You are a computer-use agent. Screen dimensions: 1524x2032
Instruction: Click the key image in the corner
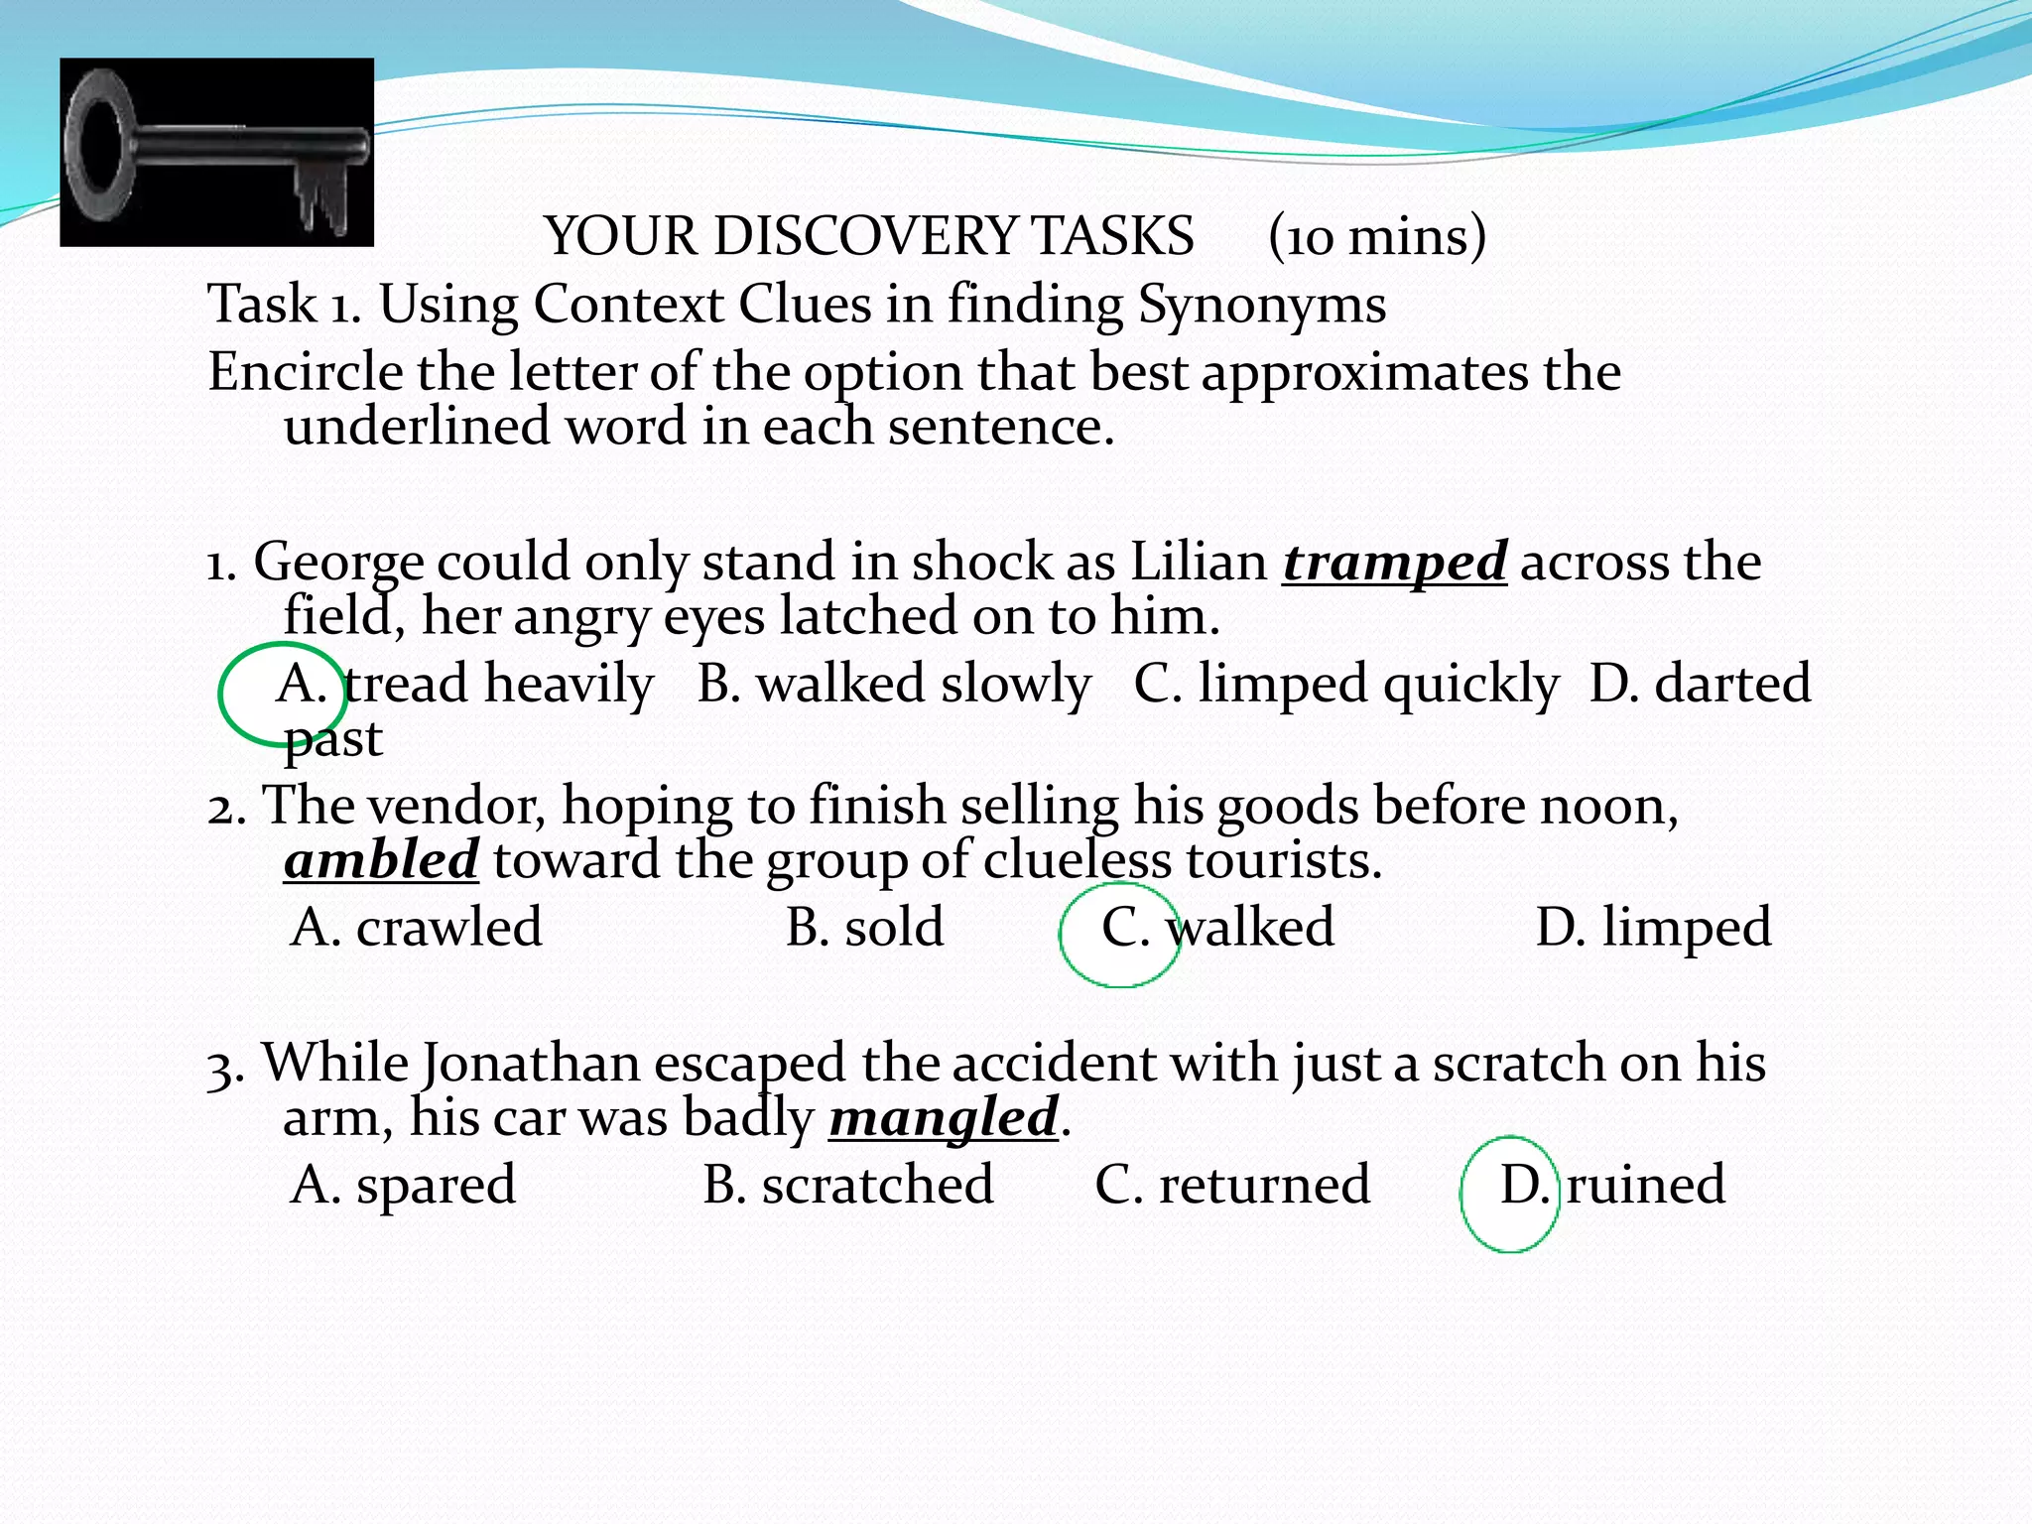click(x=216, y=152)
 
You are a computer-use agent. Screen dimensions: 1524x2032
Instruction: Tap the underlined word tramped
click(x=1394, y=563)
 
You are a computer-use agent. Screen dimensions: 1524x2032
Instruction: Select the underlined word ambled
click(x=381, y=860)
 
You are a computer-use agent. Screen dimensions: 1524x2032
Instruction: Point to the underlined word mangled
click(x=944, y=1118)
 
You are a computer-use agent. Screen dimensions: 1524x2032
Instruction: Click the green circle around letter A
click(x=282, y=694)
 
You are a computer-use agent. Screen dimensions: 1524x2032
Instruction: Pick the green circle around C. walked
click(x=1119, y=934)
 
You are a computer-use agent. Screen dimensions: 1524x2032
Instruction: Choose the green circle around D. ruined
click(x=1508, y=1194)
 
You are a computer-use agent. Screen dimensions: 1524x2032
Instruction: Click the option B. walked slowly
click(x=893, y=685)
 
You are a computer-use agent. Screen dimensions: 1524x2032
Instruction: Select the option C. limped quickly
click(x=1345, y=685)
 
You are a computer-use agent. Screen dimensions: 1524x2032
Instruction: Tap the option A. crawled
click(x=417, y=928)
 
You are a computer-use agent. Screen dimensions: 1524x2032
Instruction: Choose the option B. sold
click(x=864, y=928)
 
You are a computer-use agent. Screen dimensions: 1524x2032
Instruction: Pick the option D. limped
click(x=1653, y=928)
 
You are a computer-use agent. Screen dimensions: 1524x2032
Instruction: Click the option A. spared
click(x=403, y=1185)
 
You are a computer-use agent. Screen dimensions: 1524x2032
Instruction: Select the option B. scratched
click(x=848, y=1185)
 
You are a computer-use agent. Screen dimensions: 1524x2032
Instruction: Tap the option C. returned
click(x=1232, y=1185)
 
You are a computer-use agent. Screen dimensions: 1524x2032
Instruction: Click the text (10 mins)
click(x=1377, y=237)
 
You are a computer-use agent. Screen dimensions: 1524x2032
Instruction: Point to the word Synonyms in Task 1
click(x=1262, y=305)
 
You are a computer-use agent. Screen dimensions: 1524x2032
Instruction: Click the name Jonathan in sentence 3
click(x=531, y=1064)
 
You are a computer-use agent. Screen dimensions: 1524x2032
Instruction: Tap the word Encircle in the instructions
click(x=305, y=373)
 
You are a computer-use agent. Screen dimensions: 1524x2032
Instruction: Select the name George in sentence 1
click(x=338, y=563)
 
